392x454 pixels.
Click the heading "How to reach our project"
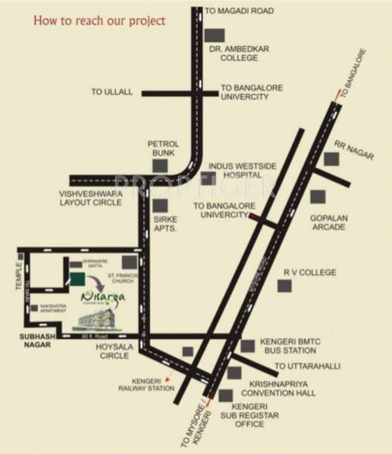[x=99, y=21]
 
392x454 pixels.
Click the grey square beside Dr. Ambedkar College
[x=217, y=36]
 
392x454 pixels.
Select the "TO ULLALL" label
[x=112, y=92]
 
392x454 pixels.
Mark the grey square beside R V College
[x=284, y=287]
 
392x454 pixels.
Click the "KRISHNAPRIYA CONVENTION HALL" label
[x=278, y=389]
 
